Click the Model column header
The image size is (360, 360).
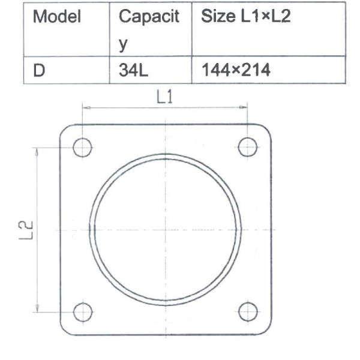[57, 16]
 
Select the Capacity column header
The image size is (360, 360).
[149, 30]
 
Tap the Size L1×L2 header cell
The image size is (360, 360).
[245, 16]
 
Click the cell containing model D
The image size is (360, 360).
[39, 70]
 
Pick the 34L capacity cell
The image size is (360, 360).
[133, 70]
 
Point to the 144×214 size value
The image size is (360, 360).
[236, 70]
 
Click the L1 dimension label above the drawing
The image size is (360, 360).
[164, 97]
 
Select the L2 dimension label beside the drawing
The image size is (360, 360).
[26, 230]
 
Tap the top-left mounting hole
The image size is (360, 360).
[82, 148]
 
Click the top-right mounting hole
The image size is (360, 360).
[247, 147]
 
